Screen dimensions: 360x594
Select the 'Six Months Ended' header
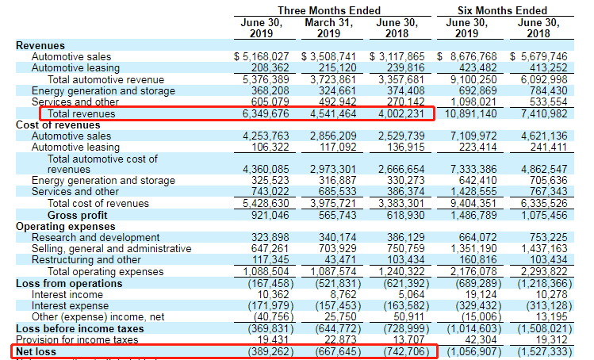coord(502,10)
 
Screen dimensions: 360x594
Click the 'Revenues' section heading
coord(40,46)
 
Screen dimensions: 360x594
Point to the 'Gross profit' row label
coord(79,215)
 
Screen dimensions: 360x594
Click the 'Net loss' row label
coord(36,350)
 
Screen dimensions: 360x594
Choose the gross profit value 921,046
coord(270,215)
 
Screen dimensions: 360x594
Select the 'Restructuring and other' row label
coord(86,260)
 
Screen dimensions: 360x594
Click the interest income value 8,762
coord(343,294)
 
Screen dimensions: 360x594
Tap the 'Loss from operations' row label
coord(66,283)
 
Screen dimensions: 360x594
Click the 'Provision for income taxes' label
coord(82,339)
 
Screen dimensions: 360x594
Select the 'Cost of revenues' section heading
coord(59,125)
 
